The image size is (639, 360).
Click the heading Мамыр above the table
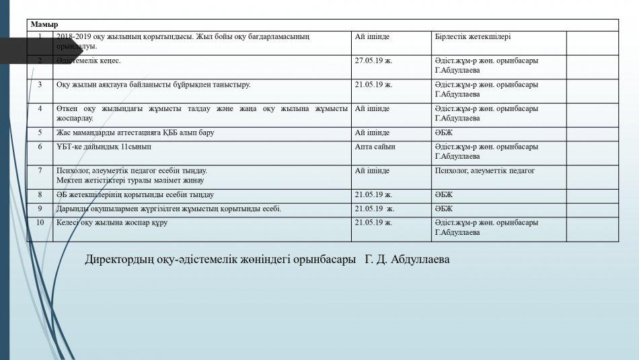[44, 25]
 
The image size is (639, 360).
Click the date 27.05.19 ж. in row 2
[373, 61]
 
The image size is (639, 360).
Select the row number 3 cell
[40, 85]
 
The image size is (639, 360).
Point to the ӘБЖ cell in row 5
[444, 133]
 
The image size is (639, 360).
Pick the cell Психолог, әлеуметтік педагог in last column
[484, 171]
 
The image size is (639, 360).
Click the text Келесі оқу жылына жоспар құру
[112, 223]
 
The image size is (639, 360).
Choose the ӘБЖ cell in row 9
[444, 209]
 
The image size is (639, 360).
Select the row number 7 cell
[40, 171]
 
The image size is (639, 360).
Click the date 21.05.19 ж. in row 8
[373, 195]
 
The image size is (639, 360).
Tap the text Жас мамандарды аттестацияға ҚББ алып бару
[135, 133]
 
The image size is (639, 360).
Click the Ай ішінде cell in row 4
[372, 108]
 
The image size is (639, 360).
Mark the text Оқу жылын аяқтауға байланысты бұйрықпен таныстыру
[153, 85]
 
